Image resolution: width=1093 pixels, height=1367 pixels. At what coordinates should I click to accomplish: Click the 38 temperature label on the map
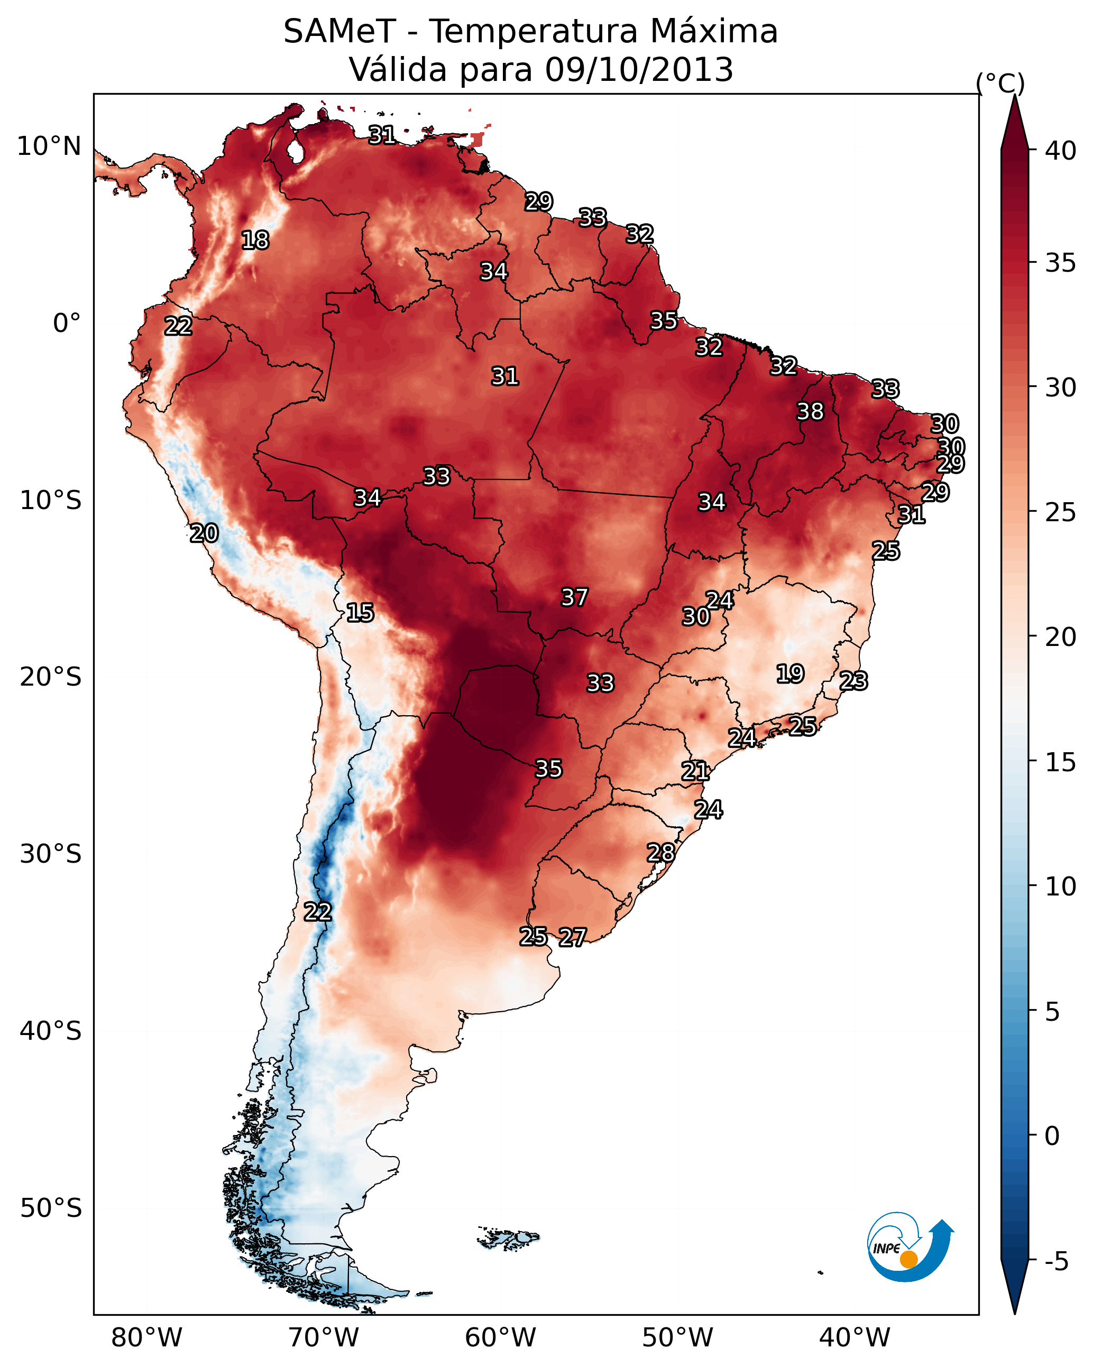pos(810,411)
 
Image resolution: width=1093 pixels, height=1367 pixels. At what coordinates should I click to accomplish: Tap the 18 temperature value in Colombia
pos(255,241)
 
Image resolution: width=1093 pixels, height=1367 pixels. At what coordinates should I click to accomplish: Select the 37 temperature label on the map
pos(574,597)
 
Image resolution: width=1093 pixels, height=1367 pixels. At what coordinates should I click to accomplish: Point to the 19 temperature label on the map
pos(790,673)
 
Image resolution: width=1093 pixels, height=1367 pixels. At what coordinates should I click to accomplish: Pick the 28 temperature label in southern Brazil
pos(660,853)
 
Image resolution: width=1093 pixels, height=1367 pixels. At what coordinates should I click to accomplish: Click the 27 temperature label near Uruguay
pos(572,937)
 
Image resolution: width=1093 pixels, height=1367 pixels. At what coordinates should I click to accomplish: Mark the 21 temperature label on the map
pos(695,771)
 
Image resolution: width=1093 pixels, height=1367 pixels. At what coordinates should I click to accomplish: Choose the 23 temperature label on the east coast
pos(853,681)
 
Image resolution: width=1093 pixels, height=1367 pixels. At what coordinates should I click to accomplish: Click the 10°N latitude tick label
pos(49,146)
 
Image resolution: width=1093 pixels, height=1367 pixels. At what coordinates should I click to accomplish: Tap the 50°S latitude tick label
pos(51,1208)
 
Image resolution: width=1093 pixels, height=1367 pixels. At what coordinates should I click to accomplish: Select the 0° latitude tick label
pos(67,324)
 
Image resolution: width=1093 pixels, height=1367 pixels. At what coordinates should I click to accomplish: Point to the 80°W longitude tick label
pos(146,1337)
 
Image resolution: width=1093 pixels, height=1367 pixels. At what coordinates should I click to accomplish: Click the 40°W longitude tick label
pos(855,1337)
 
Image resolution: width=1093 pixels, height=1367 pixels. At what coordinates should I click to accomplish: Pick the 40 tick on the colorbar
pos(1061,151)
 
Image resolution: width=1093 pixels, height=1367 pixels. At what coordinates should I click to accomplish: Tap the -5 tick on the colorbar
pos(1056,1262)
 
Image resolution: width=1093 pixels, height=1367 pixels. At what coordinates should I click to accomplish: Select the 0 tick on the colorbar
pos(1052,1136)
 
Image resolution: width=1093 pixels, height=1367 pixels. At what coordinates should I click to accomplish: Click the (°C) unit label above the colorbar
pos(1000,83)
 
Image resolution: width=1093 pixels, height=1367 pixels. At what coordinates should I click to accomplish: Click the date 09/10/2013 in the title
pos(639,69)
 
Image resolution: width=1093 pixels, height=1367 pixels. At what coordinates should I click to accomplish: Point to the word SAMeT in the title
pos(339,31)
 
